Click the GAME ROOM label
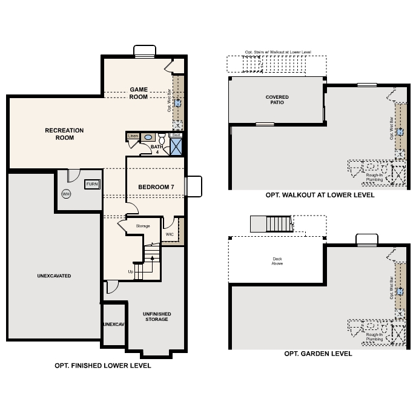pyautogui.click(x=139, y=93)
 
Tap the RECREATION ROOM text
pyautogui.click(x=64, y=134)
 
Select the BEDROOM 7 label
pyautogui.click(x=156, y=187)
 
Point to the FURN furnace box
pyautogui.click(x=92, y=184)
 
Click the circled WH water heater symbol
pyautogui.click(x=66, y=194)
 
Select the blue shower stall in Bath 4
pyautogui.click(x=177, y=147)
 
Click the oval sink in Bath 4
pyautogui.click(x=148, y=138)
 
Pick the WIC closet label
pyautogui.click(x=170, y=234)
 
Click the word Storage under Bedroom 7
pyautogui.click(x=143, y=226)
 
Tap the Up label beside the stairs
pyautogui.click(x=130, y=271)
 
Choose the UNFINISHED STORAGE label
pyautogui.click(x=156, y=316)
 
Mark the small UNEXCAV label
pyautogui.click(x=113, y=325)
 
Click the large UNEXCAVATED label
pyautogui.click(x=54, y=276)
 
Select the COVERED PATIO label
pyautogui.click(x=277, y=99)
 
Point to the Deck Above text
pyautogui.click(x=277, y=261)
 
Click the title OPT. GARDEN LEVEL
pyautogui.click(x=318, y=354)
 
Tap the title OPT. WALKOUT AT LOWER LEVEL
pyautogui.click(x=320, y=195)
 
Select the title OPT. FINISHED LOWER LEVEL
pyautogui.click(x=102, y=366)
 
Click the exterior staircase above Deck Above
pyautogui.click(x=279, y=224)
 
